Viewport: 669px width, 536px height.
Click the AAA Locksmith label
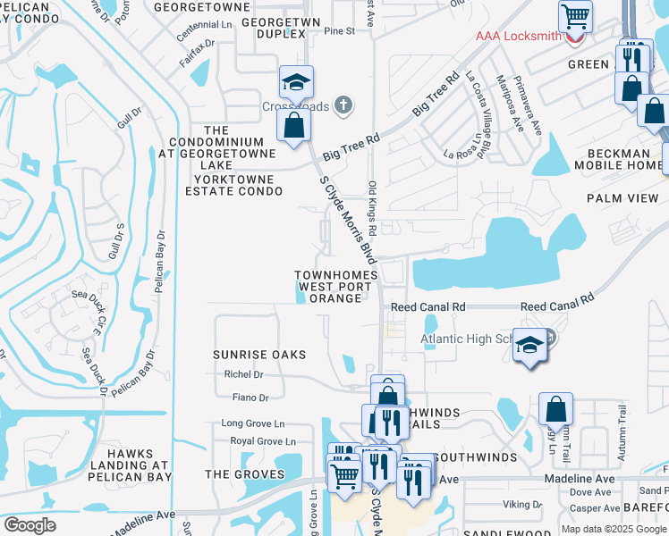[x=518, y=37]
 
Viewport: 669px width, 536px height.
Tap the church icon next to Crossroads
[x=342, y=106]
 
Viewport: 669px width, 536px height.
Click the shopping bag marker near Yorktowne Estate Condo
[x=293, y=126]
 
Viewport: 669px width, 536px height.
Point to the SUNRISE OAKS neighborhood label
[x=259, y=355]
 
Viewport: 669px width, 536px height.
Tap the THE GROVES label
[x=245, y=474]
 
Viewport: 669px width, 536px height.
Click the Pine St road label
[x=340, y=31]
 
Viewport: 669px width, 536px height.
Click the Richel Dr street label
[x=242, y=375]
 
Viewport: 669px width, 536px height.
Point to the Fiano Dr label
[x=250, y=398]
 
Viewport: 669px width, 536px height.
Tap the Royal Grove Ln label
[x=263, y=441]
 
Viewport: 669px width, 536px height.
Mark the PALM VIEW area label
[x=622, y=197]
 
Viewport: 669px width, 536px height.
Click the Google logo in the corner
[x=30, y=525]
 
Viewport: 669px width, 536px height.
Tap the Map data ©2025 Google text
[x=614, y=529]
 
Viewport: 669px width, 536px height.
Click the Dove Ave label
[x=590, y=492]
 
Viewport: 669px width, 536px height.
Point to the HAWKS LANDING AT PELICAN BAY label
[x=129, y=465]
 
